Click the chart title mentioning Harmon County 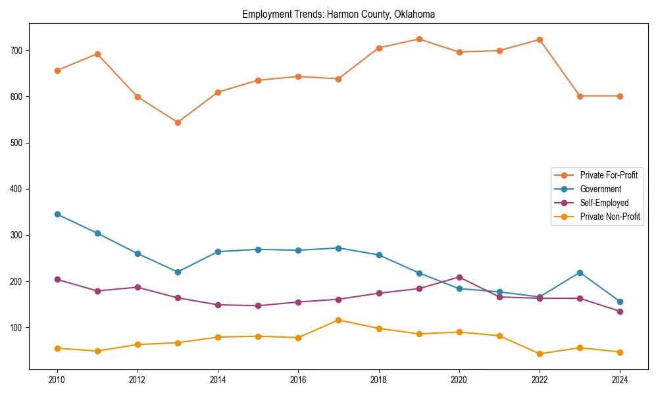(x=338, y=14)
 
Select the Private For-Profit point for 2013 (x=178, y=122)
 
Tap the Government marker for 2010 (x=57, y=214)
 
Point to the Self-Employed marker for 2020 (x=459, y=277)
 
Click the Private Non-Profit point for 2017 (x=338, y=320)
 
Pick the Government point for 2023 (x=580, y=273)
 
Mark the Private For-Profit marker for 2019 (x=419, y=39)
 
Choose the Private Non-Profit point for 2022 (x=540, y=354)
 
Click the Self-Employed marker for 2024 (x=620, y=311)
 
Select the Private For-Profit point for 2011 (x=97, y=54)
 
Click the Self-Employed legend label (x=604, y=203)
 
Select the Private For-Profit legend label (x=609, y=175)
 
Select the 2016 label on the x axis (x=298, y=380)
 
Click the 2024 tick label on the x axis (x=620, y=380)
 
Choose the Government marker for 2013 (x=178, y=272)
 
